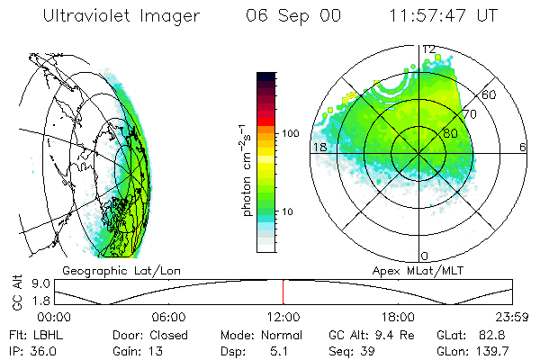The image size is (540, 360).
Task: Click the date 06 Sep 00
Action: (x=281, y=17)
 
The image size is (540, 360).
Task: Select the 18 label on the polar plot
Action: (x=319, y=147)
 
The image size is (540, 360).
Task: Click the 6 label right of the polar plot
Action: (x=523, y=147)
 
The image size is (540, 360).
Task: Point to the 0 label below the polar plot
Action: (x=424, y=256)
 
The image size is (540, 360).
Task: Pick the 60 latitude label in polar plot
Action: (x=489, y=94)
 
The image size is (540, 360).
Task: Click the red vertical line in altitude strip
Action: (x=283, y=292)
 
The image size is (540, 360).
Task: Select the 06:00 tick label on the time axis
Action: (x=169, y=317)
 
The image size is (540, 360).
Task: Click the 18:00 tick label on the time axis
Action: (x=398, y=317)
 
